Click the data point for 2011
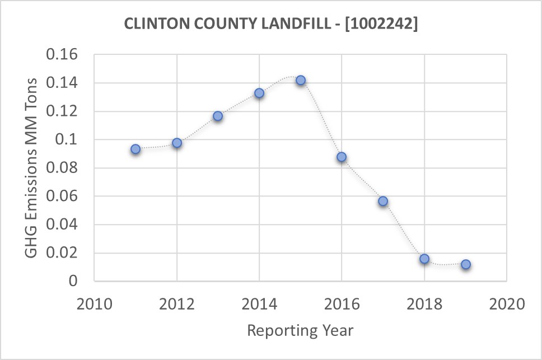[x=135, y=149]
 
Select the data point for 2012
[x=177, y=143]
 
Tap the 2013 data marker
[x=218, y=116]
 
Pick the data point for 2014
[x=259, y=93]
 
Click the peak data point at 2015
[x=301, y=80]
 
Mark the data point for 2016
[x=342, y=157]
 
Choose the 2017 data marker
[x=383, y=201]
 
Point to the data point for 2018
[x=424, y=259]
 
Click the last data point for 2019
[x=466, y=264]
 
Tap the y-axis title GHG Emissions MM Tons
[x=32, y=168]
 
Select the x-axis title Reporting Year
[x=300, y=330]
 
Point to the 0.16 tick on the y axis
[x=66, y=55]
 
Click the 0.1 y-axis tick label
[x=71, y=140]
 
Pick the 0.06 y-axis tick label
[x=66, y=197]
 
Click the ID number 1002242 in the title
[x=381, y=25]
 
